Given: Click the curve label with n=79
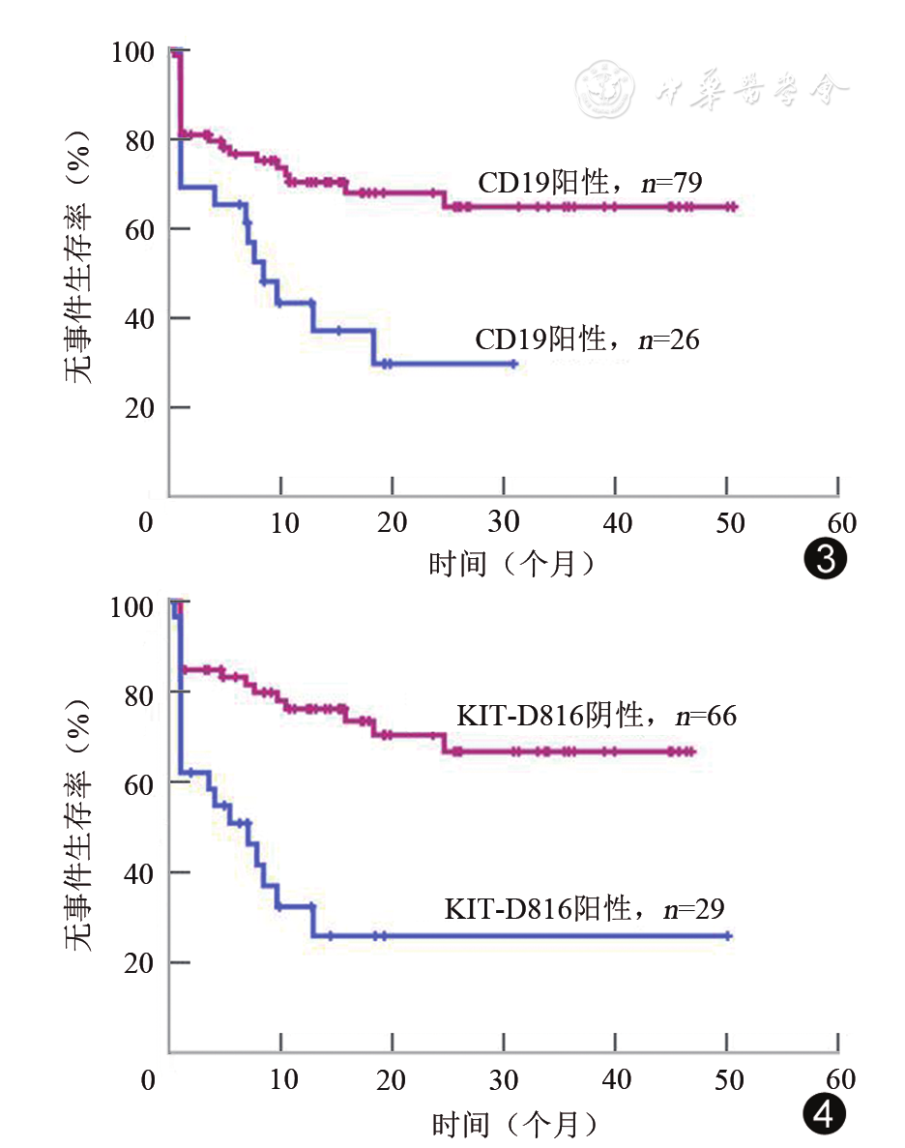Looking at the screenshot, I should (589, 182).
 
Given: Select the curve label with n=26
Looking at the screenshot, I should (587, 340).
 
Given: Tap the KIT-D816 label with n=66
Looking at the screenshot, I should (597, 717).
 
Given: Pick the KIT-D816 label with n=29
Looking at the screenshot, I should (584, 909).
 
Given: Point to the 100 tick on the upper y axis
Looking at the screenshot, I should (132, 50).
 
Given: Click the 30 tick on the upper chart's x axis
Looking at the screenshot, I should (504, 523).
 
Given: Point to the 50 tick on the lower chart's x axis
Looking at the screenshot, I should (729, 1078).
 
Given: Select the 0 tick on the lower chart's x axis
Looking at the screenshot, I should (147, 1078).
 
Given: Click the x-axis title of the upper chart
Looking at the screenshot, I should (512, 562).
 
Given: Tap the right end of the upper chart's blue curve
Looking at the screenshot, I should (514, 364).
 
